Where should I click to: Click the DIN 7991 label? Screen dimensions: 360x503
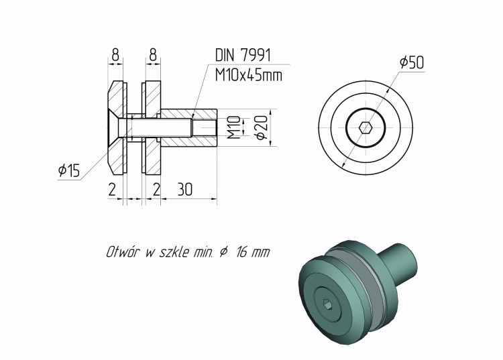243,56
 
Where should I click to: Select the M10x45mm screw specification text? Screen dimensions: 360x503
248,75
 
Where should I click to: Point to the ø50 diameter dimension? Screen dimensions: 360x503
411,62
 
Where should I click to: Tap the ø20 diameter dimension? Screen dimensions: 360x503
262,125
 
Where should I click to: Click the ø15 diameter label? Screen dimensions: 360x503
68,172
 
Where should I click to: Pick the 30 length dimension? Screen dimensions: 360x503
184,190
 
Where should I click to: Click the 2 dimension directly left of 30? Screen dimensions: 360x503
156,190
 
